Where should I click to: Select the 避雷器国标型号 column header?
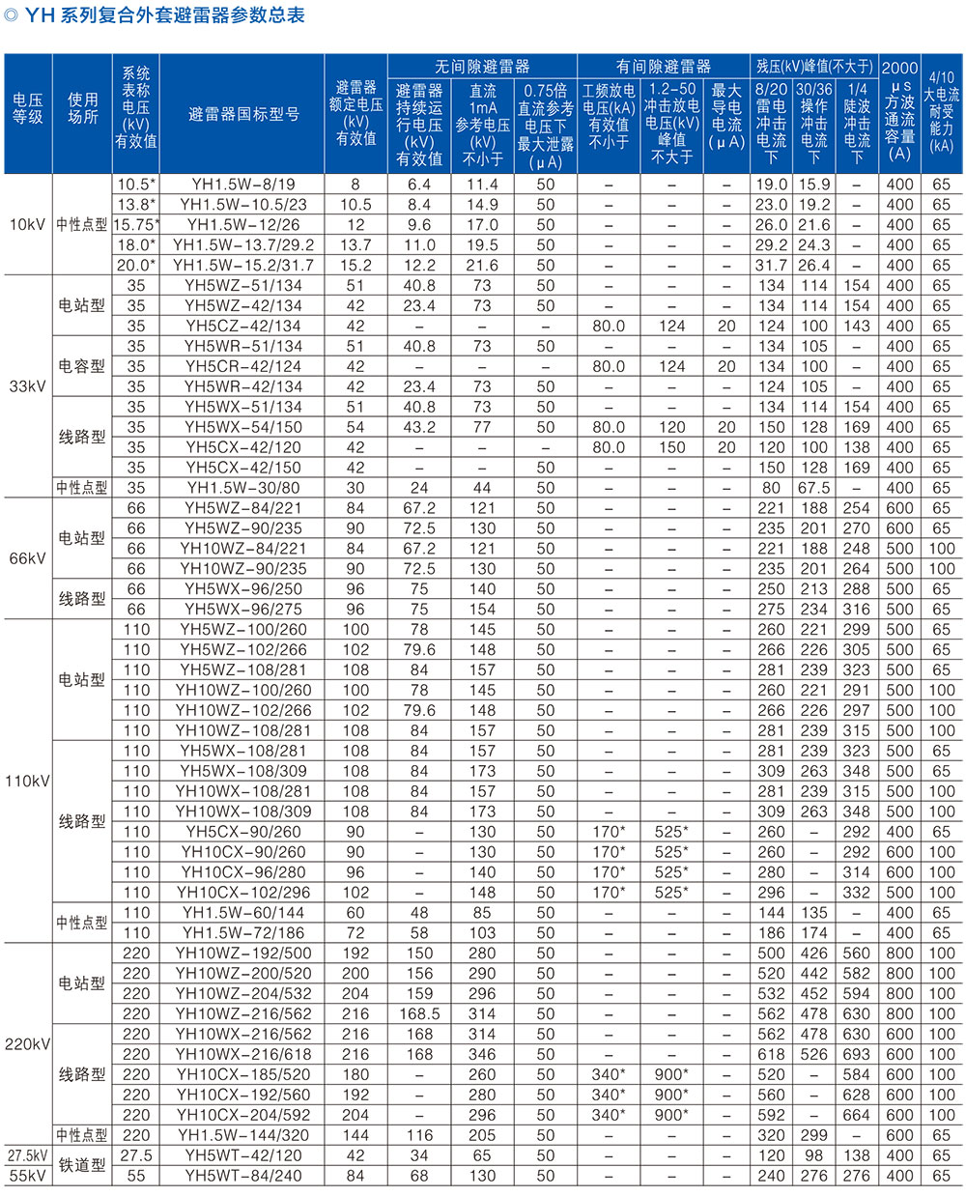[243, 115]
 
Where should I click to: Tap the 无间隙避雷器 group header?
[482, 67]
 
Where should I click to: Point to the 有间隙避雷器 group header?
[663, 67]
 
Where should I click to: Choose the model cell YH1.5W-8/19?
[243, 185]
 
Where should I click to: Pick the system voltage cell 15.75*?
[136, 225]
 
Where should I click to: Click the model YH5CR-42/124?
[243, 367]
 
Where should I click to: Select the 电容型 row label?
[82, 367]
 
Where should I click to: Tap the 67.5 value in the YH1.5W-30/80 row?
[813, 489]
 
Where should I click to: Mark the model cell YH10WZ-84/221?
[243, 549]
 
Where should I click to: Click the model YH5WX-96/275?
[243, 610]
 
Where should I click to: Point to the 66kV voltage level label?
[27, 558]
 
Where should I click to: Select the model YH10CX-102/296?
[243, 894]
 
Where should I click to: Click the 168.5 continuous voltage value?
[419, 1014]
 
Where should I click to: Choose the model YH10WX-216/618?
[243, 1055]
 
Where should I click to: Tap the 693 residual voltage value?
[856, 1055]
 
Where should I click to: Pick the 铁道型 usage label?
[82, 1166]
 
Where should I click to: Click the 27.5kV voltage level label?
[27, 1155]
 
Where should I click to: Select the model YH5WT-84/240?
[243, 1177]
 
